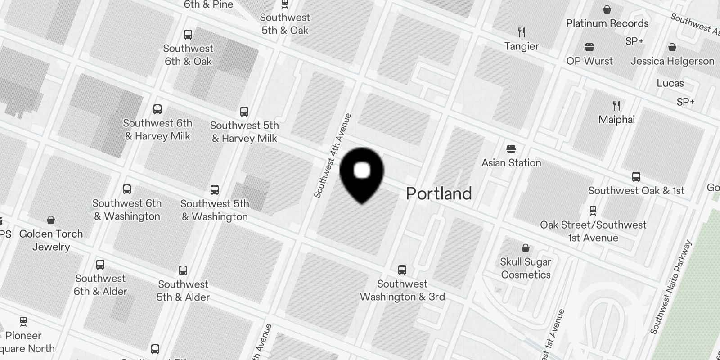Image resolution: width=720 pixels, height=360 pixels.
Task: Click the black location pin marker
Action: coord(361,173)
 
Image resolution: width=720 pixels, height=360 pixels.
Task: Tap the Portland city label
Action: coord(439,193)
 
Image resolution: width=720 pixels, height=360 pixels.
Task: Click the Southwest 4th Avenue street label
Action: coord(332,156)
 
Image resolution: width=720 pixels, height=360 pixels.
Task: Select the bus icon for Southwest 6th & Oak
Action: coord(188,34)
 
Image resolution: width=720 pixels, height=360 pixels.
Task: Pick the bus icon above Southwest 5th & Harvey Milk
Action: coord(244,111)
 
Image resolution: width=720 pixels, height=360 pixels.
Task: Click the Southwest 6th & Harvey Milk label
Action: coord(157,130)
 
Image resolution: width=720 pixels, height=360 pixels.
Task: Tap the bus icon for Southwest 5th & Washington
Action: coord(215,189)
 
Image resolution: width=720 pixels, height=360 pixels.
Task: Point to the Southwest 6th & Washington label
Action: coord(127,210)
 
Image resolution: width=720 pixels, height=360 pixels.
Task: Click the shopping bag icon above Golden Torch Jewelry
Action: coord(51,220)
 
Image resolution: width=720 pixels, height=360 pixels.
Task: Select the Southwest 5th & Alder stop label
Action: coord(183,291)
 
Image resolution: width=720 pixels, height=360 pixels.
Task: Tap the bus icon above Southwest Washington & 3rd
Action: coord(402,270)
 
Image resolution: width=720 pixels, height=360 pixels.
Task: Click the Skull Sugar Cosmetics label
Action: coord(526,268)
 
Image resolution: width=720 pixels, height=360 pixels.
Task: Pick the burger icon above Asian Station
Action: coord(511,148)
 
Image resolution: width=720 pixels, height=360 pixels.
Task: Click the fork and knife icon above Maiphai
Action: coord(616,106)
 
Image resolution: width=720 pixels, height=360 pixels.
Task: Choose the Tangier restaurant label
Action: coord(522,46)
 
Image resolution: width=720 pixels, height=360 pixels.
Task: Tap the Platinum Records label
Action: coord(607,23)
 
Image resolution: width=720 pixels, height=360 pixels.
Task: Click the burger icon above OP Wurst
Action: coord(589,47)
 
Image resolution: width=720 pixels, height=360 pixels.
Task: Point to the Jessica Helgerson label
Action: coord(672,61)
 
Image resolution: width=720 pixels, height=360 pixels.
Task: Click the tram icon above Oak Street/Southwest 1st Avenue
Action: coord(593,210)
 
